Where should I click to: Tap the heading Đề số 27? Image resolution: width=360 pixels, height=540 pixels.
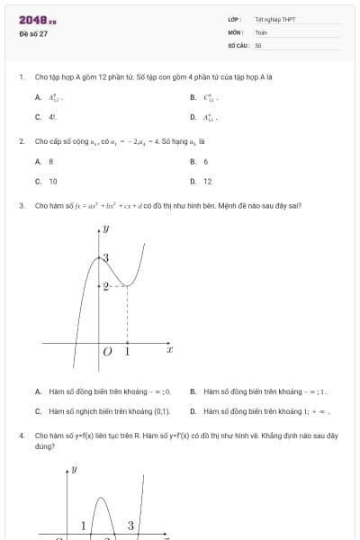[33, 33]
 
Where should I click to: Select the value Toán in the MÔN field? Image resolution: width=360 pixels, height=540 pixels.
[261, 31]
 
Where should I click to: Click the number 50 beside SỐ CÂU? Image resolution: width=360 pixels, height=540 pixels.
[258, 44]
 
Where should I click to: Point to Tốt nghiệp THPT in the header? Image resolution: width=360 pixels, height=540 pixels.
[274, 19]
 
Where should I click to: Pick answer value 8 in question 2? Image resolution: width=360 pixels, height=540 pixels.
[50, 161]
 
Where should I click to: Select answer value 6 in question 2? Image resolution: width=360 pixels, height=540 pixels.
[206, 161]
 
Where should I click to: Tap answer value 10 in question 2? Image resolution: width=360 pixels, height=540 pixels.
[52, 181]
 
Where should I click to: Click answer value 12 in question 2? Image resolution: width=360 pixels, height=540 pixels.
[208, 181]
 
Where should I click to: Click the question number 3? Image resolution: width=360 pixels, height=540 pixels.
[21, 205]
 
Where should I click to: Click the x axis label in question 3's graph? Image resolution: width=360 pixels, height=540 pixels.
[169, 348]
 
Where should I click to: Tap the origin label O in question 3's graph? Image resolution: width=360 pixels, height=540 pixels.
[107, 352]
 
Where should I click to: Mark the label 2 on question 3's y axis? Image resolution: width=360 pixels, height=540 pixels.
[105, 286]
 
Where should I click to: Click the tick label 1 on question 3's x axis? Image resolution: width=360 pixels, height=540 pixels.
[127, 352]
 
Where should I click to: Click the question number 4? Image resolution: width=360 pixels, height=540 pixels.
[21, 435]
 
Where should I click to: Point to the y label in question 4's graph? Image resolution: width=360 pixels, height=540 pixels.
[74, 469]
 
